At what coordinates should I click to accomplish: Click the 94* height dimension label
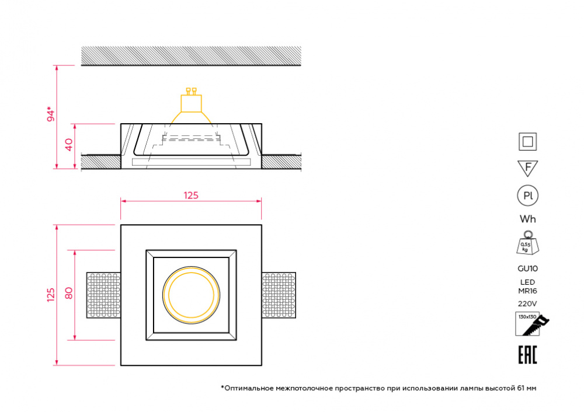point(51,114)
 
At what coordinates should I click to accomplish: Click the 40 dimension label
point(69,144)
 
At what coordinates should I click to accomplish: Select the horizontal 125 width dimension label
point(191,195)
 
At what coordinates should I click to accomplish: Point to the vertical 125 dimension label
point(51,295)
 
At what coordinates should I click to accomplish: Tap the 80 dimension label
point(69,294)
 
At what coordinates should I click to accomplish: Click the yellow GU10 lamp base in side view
point(191,100)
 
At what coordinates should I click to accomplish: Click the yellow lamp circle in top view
point(191,295)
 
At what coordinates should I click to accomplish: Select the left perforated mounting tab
point(103,295)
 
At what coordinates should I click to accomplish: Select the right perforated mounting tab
point(279,295)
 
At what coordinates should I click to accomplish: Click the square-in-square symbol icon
point(528,142)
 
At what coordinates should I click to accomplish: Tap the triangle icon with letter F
point(528,168)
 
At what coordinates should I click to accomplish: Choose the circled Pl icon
point(528,195)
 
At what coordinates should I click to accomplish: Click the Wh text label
point(528,219)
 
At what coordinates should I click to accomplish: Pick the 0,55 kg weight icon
point(528,243)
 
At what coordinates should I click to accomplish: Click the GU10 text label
point(528,268)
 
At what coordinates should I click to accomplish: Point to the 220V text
point(528,303)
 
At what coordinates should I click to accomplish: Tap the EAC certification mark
point(528,355)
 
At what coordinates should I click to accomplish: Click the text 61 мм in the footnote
point(527,388)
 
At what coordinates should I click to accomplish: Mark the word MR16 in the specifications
point(528,291)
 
